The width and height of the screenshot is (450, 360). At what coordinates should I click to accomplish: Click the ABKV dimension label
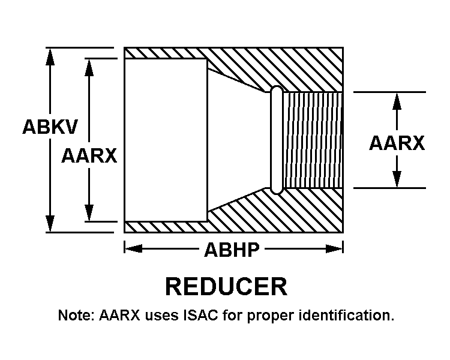[50, 127]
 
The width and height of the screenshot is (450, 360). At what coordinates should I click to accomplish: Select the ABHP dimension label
[232, 249]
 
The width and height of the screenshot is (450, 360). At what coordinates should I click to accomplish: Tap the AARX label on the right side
[397, 143]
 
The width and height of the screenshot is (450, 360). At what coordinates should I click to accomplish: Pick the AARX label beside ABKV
[89, 155]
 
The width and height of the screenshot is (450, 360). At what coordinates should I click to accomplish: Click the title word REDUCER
[226, 286]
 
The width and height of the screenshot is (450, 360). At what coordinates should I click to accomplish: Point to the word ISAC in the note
[200, 315]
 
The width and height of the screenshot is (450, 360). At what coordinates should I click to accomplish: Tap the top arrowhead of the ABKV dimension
[50, 56]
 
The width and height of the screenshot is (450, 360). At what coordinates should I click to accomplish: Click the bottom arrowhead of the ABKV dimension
[50, 223]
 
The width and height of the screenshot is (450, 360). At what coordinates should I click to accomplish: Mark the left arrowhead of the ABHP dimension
[133, 248]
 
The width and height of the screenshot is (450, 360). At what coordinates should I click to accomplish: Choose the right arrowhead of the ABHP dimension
[334, 248]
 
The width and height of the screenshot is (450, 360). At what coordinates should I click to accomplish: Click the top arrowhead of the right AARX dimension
[397, 101]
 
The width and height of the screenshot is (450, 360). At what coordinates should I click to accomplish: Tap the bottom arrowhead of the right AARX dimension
[397, 179]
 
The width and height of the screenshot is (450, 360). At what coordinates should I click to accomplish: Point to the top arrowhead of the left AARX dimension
[89, 67]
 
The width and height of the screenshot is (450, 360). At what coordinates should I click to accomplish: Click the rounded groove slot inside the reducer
[277, 140]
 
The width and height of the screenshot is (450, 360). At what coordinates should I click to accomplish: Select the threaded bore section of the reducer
[313, 140]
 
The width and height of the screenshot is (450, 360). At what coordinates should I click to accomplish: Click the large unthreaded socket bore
[166, 140]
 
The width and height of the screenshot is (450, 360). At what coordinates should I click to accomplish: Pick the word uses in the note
[161, 316]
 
